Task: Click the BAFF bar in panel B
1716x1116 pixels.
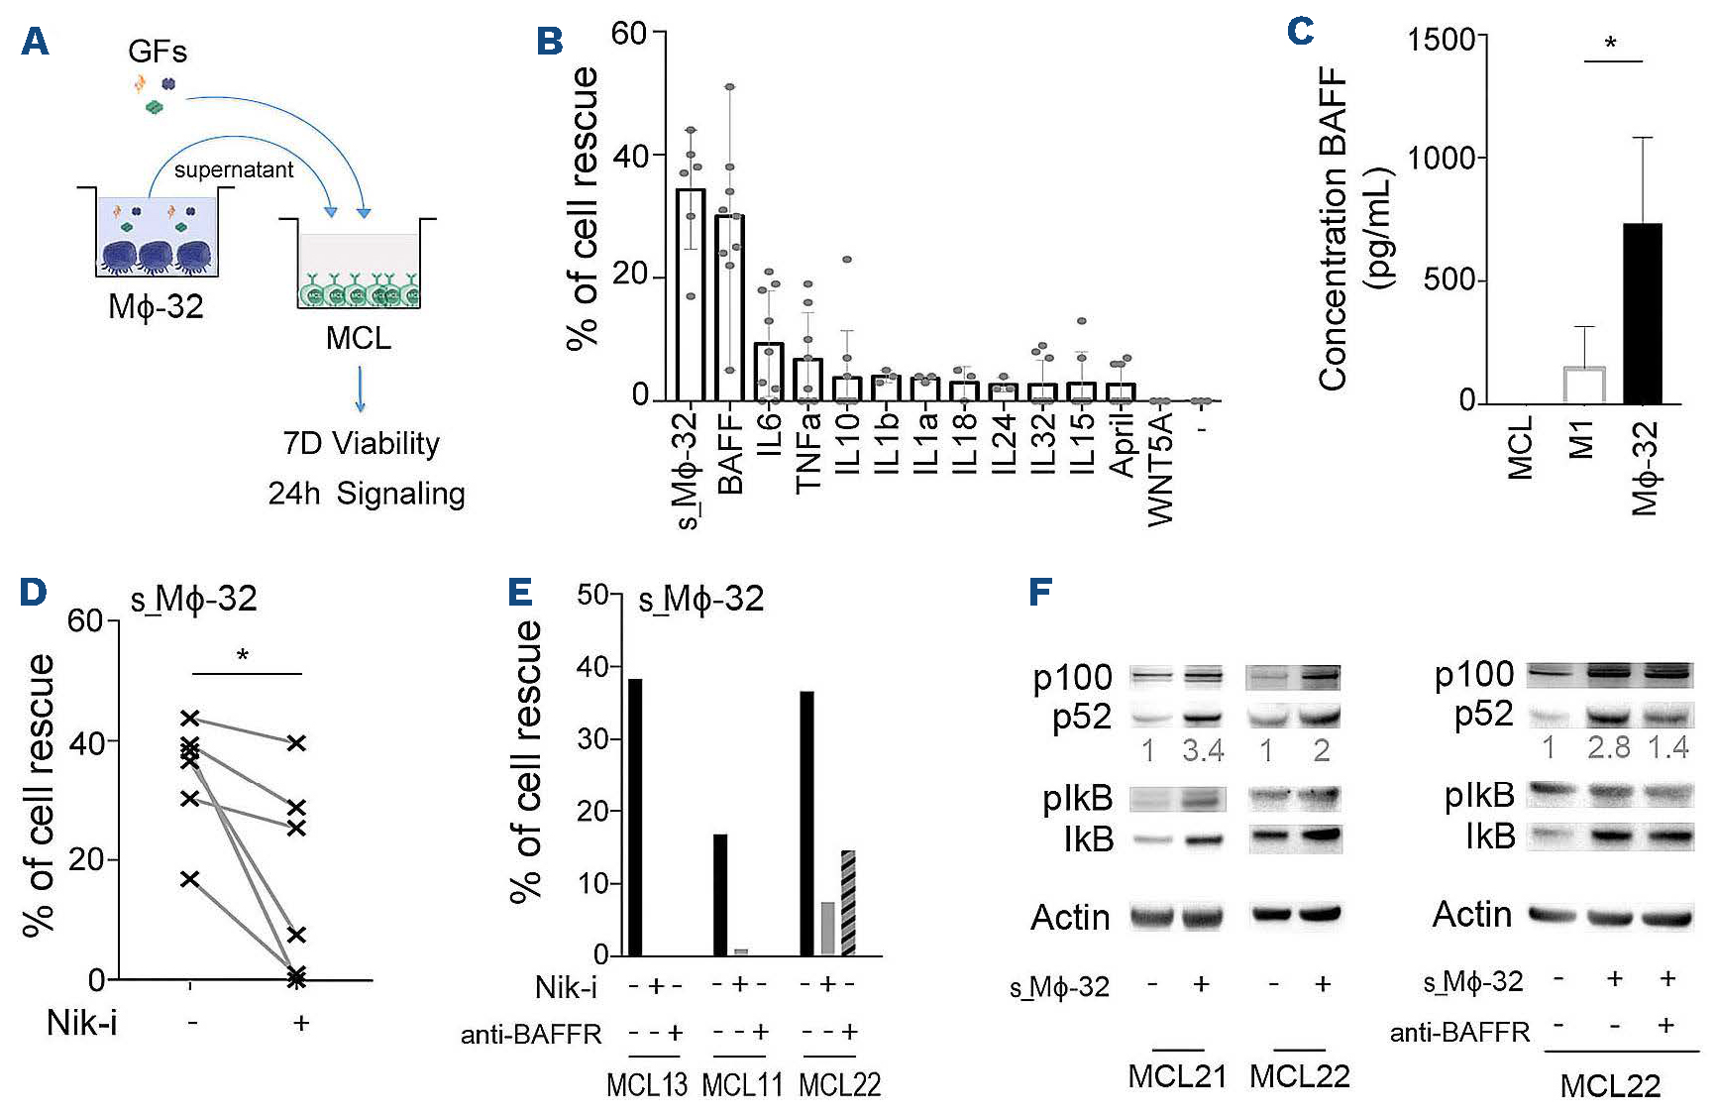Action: pos(729,307)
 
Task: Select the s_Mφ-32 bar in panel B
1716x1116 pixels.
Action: pos(691,294)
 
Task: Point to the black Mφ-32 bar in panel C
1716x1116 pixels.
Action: pos(1642,313)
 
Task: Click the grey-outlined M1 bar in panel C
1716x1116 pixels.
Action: pos(1583,385)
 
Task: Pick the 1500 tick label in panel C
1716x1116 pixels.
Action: pos(1441,41)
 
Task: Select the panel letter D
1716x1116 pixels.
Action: pos(33,592)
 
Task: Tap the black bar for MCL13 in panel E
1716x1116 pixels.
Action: pos(635,817)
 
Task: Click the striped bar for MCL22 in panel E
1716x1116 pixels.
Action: pos(848,902)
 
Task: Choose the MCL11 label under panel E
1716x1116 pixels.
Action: pos(742,1084)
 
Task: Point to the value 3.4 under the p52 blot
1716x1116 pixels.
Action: pos(1203,750)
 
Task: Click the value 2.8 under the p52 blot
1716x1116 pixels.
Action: pos(1608,747)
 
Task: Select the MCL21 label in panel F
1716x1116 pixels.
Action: pos(1177,1076)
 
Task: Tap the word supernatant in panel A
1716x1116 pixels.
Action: pos(234,169)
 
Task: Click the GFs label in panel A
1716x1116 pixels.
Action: pos(158,51)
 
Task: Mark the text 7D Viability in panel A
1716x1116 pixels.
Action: pos(361,443)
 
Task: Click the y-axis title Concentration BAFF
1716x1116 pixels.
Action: pos(1334,228)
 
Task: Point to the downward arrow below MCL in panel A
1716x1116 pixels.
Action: pos(360,389)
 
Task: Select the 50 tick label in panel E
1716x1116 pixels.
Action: pos(592,595)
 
